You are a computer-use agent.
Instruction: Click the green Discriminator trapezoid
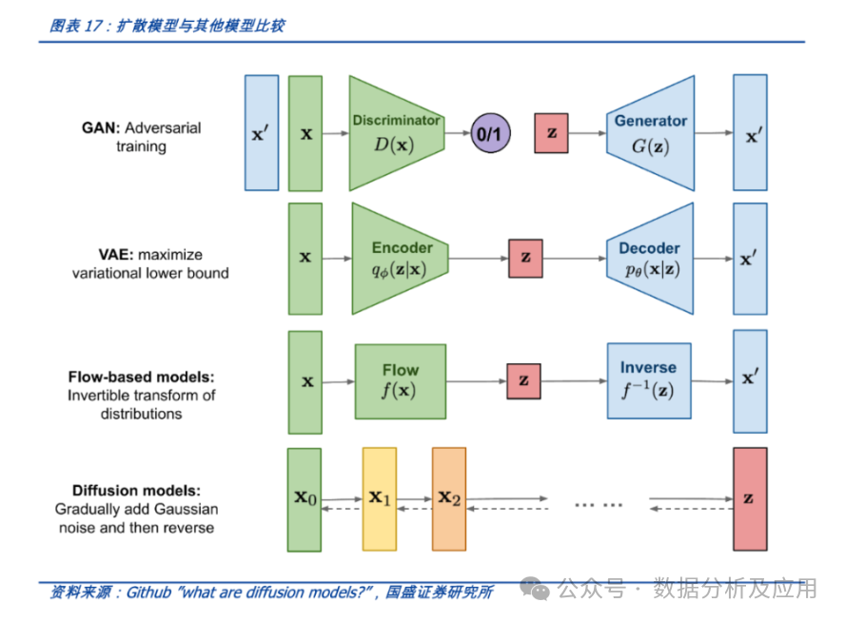[396, 133]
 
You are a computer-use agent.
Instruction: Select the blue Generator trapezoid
[650, 133]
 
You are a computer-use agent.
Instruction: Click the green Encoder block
[400, 258]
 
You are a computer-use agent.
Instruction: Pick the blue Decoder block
[650, 258]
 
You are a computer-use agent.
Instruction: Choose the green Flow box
[401, 381]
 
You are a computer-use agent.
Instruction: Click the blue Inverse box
[648, 380]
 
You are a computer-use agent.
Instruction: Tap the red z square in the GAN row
[551, 134]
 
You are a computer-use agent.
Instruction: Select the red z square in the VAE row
[525, 258]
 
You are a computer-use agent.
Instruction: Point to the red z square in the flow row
[523, 380]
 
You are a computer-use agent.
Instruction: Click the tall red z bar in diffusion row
[749, 499]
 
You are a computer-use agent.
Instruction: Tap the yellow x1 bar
[379, 499]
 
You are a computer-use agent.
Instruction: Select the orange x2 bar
[448, 499]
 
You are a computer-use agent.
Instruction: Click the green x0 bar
[305, 499]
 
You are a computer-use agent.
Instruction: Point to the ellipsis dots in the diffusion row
[598, 505]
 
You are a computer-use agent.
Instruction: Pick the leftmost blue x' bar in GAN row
[262, 133]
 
